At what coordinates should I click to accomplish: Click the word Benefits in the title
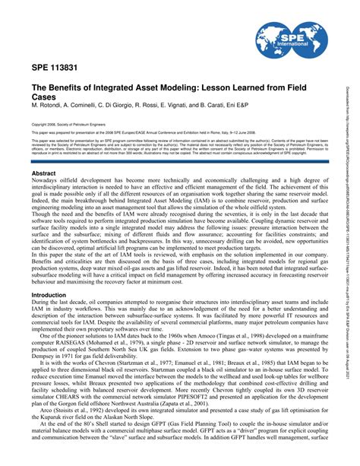coord(78,88)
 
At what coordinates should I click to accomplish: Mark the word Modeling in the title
coord(194,88)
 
